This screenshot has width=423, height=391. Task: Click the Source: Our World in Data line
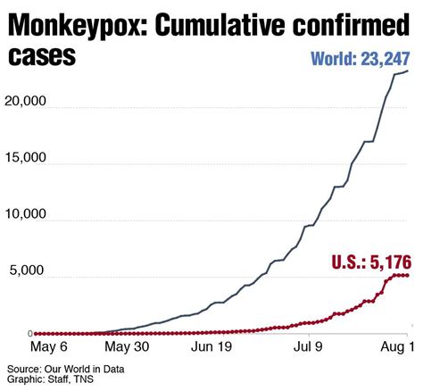(65, 368)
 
